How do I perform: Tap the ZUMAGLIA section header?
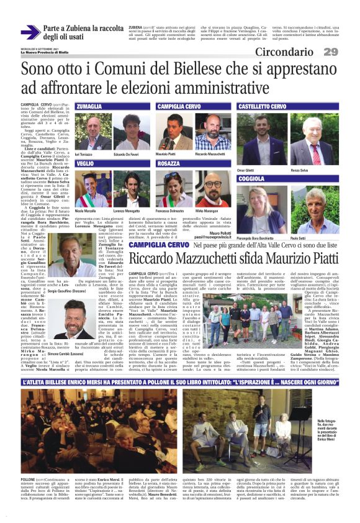pos(89,106)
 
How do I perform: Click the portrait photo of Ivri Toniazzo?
pos(91,132)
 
